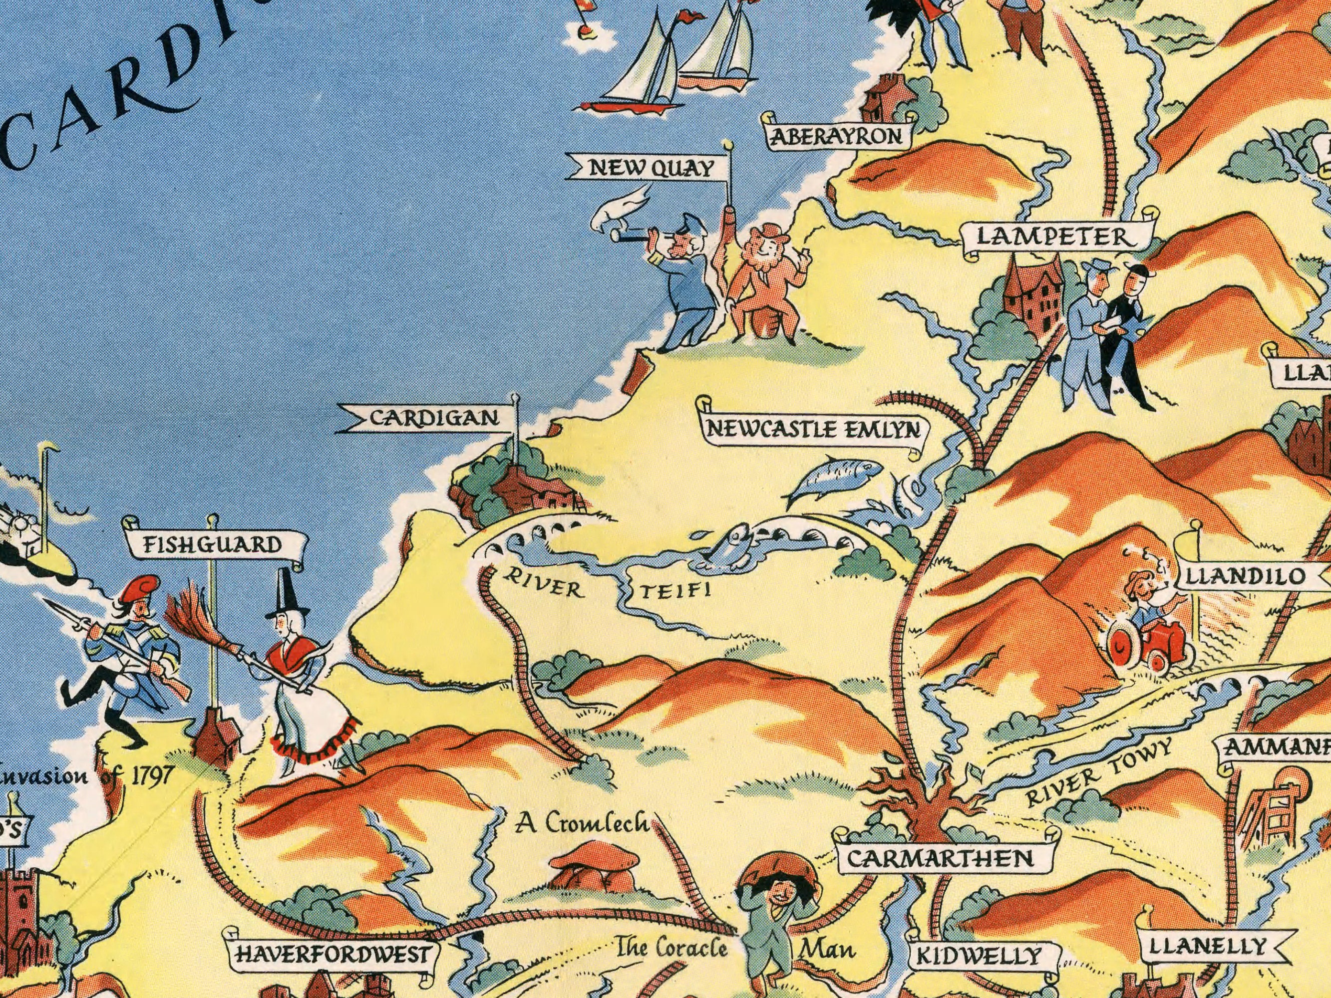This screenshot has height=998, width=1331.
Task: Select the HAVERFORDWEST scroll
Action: (x=333, y=954)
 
